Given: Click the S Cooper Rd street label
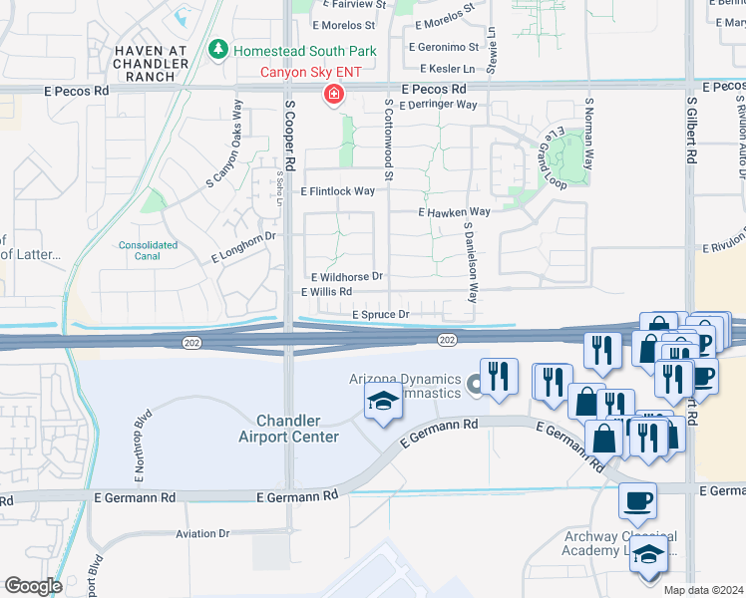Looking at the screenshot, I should pyautogui.click(x=290, y=132).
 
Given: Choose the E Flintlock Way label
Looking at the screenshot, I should pyautogui.click(x=338, y=190).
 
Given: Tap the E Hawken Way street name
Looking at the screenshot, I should pyautogui.click(x=454, y=212).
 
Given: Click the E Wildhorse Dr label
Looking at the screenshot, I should pyautogui.click(x=347, y=276).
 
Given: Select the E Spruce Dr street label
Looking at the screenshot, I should pyautogui.click(x=381, y=315).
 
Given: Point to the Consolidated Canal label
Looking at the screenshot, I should pyautogui.click(x=148, y=250).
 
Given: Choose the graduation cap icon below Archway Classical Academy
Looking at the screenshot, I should pyautogui.click(x=647, y=557).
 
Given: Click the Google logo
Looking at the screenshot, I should pyautogui.click(x=33, y=586).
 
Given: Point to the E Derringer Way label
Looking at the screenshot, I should pyautogui.click(x=440, y=104).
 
